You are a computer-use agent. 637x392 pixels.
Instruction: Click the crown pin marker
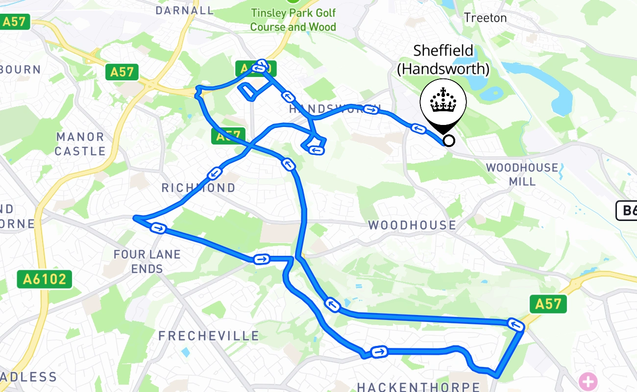pyautogui.click(x=443, y=104)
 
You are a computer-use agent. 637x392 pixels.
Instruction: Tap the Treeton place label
pyautogui.click(x=485, y=18)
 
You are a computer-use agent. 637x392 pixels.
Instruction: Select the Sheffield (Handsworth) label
pyautogui.click(x=443, y=59)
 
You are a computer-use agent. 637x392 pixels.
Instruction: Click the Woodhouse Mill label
pyautogui.click(x=522, y=174)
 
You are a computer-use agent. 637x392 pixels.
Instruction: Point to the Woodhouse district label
pyautogui.click(x=412, y=225)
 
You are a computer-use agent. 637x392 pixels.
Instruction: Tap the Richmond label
pyautogui.click(x=198, y=188)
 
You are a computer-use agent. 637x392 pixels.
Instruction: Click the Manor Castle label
pyautogui.click(x=80, y=144)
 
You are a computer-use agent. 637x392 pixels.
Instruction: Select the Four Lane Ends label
pyautogui.click(x=147, y=261)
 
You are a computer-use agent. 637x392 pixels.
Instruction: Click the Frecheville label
pyautogui.click(x=209, y=336)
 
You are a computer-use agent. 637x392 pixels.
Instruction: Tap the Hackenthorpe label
pyautogui.click(x=418, y=387)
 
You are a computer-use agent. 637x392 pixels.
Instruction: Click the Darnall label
pyautogui.click(x=185, y=10)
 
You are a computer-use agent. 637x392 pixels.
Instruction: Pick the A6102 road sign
pyautogui.click(x=45, y=279)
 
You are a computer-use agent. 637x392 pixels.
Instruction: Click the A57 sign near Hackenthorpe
pyautogui.click(x=548, y=304)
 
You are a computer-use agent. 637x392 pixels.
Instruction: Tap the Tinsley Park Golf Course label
pyautogui.click(x=293, y=20)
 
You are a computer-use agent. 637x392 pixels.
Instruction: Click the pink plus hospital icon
pyautogui.click(x=588, y=381)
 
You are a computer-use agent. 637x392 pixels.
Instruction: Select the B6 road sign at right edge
pyautogui.click(x=627, y=211)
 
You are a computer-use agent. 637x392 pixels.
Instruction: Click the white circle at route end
pyautogui.click(x=448, y=141)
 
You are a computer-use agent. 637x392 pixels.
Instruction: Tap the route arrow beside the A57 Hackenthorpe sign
pyautogui.click(x=514, y=324)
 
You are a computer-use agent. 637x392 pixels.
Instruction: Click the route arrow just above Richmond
pyautogui.click(x=215, y=173)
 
